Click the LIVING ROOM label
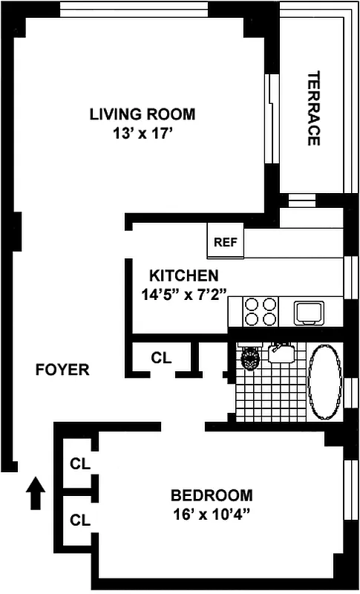click(x=143, y=114)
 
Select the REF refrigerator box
click(x=224, y=242)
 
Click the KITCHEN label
click(x=183, y=275)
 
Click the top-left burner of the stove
click(x=251, y=304)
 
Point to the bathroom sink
click(x=281, y=352)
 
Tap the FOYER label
click(x=62, y=370)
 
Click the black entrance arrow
click(x=35, y=493)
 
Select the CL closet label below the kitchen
click(x=161, y=357)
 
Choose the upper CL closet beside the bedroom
click(x=80, y=464)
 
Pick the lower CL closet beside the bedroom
click(x=80, y=520)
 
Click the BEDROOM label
click(x=212, y=495)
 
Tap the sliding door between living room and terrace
click(x=271, y=122)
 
